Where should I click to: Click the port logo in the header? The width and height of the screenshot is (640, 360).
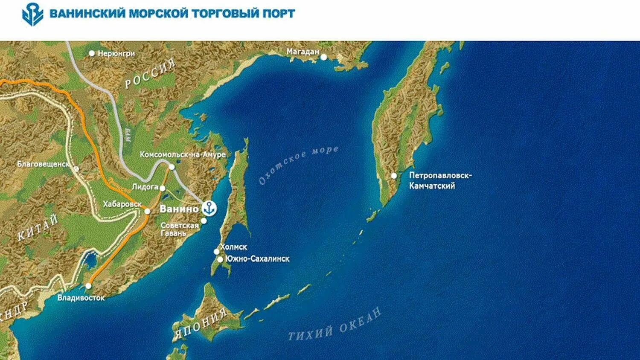tap(32, 14)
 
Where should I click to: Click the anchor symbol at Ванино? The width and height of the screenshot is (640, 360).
tap(209, 208)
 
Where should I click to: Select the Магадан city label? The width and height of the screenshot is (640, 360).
tap(303, 52)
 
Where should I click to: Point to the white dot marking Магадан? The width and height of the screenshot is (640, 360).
tap(324, 57)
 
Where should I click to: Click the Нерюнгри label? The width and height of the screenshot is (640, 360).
tap(116, 54)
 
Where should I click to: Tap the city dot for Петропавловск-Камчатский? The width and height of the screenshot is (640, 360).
tap(394, 176)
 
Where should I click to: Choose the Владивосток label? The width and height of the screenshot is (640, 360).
tap(81, 298)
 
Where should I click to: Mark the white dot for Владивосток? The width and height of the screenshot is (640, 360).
tap(88, 286)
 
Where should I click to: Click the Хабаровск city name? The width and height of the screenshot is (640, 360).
tap(122, 204)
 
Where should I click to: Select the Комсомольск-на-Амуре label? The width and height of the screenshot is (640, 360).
tap(183, 155)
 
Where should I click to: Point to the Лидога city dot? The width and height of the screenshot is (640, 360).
tap(162, 188)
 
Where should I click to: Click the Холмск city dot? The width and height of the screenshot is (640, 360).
tap(216, 252)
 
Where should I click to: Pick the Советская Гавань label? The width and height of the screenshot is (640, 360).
tap(179, 229)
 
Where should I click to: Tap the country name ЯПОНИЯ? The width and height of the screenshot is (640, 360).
tap(200, 324)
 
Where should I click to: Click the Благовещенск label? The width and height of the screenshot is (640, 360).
tap(43, 164)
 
